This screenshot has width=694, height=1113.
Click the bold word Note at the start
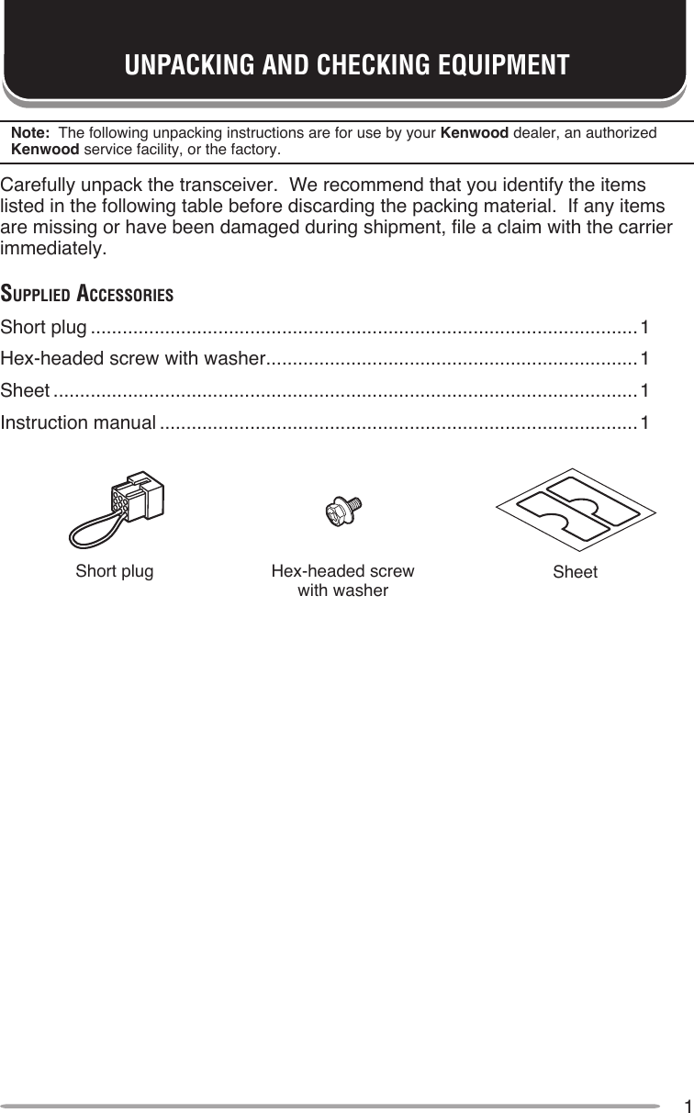tap(28, 133)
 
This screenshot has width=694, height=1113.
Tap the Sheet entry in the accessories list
tap(26, 391)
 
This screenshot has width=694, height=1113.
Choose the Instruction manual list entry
tap(79, 423)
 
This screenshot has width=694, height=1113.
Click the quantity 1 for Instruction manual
tap(645, 423)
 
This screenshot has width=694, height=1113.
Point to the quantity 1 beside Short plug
tap(645, 327)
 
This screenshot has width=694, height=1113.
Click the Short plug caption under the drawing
tap(115, 571)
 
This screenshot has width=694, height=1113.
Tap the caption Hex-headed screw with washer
tap(343, 580)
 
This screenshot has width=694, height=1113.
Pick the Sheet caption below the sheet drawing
tap(575, 572)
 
